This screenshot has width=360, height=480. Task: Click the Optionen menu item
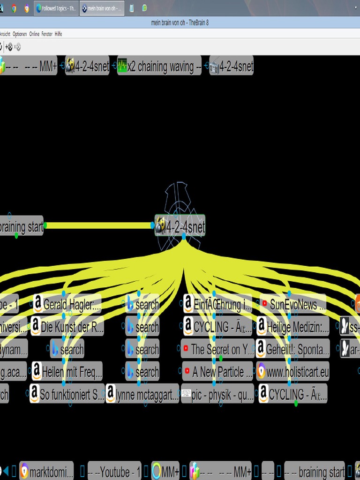coord(20,34)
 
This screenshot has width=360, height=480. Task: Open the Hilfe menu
coord(58,34)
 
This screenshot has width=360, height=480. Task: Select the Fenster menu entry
coord(47,34)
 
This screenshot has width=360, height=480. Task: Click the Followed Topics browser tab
coord(56,8)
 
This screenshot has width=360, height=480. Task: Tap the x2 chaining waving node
coord(160,67)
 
